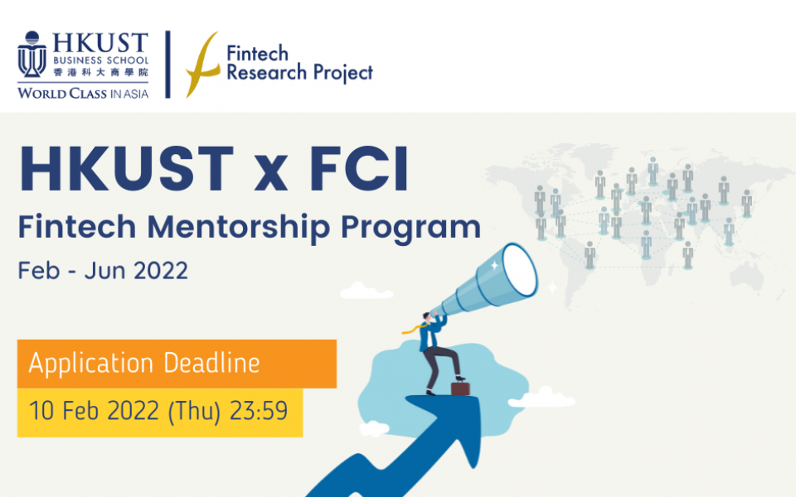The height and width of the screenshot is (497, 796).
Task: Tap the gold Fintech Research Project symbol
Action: click(203, 65)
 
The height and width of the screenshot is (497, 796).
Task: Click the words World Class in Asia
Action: click(83, 94)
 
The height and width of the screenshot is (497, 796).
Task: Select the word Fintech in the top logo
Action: click(257, 54)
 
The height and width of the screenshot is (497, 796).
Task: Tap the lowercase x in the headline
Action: click(274, 176)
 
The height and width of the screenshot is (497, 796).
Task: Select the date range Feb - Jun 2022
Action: click(103, 271)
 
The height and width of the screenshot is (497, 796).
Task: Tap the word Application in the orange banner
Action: click(91, 363)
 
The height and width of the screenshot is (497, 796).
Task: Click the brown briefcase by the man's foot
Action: click(459, 387)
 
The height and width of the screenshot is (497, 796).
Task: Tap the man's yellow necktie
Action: click(412, 329)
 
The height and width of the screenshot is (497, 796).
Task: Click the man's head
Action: click(427, 316)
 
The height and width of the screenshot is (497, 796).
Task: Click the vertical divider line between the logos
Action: click(168, 65)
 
